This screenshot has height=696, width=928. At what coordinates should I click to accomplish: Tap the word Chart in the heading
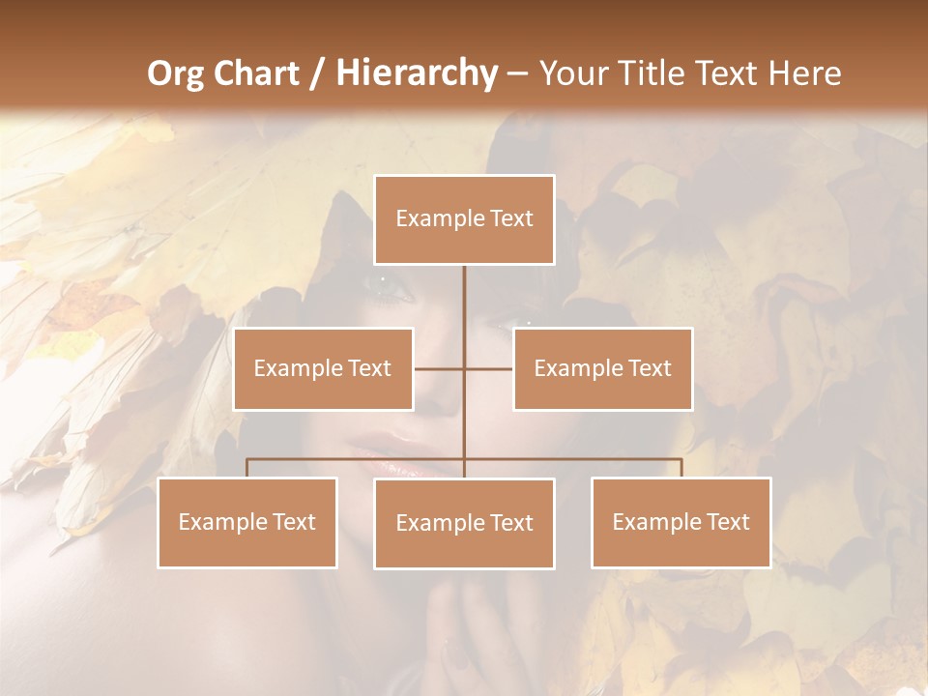[251, 73]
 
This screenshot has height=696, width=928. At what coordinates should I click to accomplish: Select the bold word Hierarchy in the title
[416, 73]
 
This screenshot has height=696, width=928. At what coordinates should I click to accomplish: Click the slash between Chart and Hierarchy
[317, 74]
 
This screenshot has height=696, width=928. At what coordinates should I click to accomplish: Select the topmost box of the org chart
[464, 219]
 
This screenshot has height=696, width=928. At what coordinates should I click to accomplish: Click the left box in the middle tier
[323, 368]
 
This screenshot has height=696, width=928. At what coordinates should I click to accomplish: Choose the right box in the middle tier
[602, 368]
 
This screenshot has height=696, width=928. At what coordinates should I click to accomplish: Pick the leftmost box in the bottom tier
[247, 522]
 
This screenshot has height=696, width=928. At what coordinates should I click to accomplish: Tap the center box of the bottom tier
[464, 523]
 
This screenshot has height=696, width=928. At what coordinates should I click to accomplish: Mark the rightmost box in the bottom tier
[681, 522]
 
